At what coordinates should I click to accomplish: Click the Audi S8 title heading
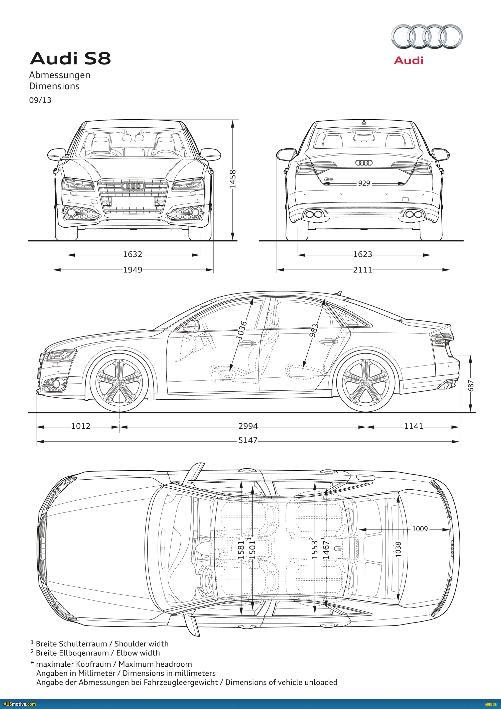70,58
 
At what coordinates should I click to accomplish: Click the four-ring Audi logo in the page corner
427,36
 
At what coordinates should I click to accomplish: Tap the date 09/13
40,100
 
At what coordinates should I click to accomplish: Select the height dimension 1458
233,179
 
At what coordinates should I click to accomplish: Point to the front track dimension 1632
133,254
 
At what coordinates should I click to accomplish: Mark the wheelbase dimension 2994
248,426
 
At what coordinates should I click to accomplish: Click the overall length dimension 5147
248,440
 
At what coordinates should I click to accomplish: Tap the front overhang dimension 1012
81,426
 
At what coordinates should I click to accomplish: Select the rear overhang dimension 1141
413,426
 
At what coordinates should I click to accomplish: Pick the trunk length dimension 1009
420,529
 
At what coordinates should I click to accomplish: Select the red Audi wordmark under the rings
409,60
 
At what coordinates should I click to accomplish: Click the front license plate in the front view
133,202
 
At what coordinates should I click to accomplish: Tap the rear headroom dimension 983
313,330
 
